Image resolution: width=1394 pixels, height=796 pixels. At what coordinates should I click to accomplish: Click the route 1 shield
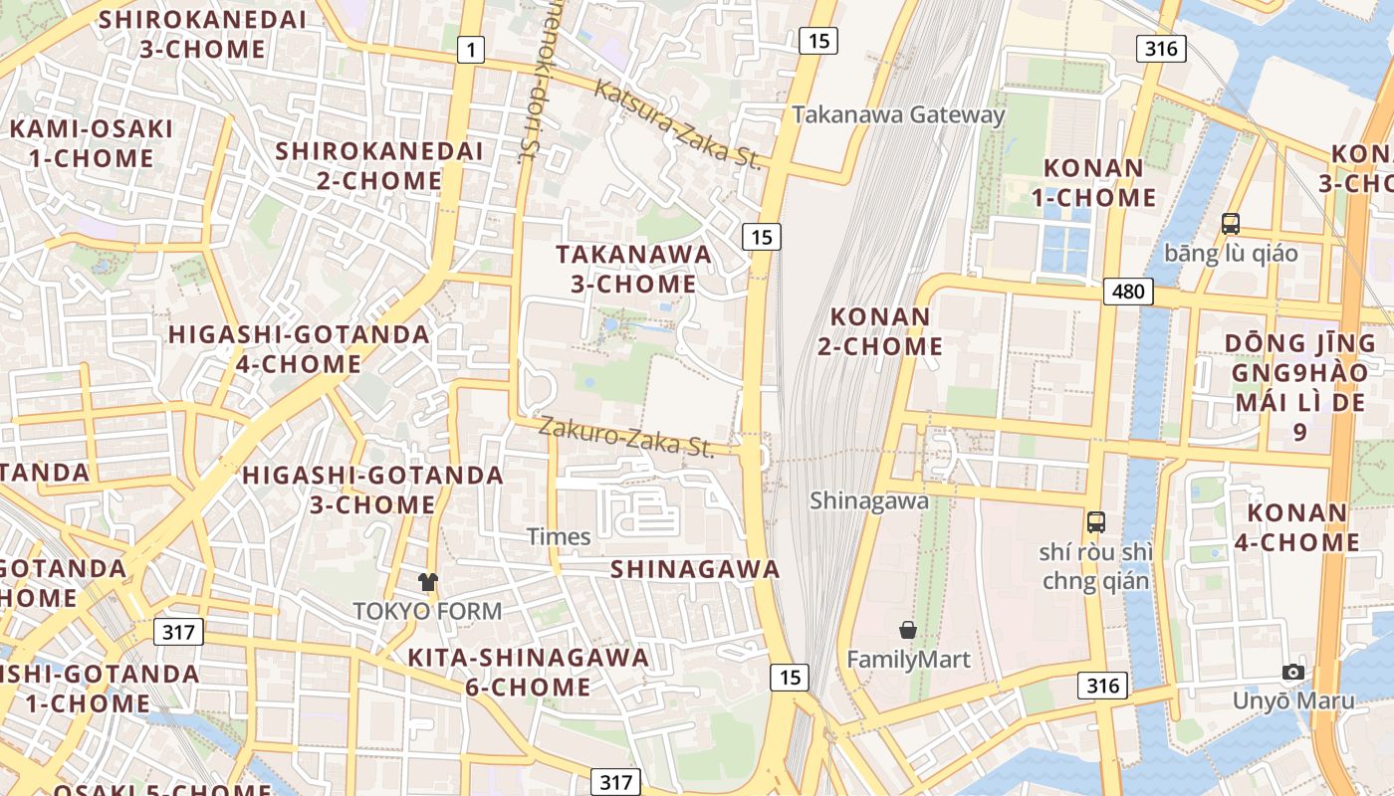click(470, 49)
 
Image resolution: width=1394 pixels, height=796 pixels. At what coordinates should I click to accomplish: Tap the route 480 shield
click(1128, 291)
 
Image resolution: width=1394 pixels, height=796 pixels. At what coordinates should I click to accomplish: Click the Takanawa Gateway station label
click(898, 114)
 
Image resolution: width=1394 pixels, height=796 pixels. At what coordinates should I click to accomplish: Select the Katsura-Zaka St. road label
click(678, 124)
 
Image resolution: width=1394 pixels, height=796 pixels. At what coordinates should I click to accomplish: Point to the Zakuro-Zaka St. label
click(626, 437)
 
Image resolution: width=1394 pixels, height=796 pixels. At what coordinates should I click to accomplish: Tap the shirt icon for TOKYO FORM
click(428, 581)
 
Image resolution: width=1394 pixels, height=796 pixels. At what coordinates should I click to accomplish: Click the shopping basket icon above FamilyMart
click(908, 629)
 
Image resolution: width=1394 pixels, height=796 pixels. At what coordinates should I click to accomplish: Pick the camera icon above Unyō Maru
click(1293, 672)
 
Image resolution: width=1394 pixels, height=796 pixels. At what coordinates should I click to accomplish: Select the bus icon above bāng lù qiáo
click(1231, 223)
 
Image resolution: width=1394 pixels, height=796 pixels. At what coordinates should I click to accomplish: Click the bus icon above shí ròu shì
click(1096, 521)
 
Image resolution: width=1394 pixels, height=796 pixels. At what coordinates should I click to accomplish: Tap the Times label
click(559, 536)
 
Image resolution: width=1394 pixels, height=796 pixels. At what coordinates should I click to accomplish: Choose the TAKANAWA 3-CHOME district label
click(634, 269)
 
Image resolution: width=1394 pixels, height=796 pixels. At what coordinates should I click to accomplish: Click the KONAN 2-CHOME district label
click(886, 331)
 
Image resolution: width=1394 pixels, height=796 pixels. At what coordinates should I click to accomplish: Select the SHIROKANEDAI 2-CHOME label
click(379, 165)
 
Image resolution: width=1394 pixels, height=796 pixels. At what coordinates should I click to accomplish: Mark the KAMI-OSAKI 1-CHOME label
click(91, 143)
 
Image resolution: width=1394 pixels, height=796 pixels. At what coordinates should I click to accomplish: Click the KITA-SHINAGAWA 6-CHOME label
click(528, 672)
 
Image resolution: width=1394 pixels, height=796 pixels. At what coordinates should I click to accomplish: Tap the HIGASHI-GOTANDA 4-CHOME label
click(299, 348)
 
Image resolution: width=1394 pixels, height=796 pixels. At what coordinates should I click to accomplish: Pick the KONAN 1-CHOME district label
click(1093, 183)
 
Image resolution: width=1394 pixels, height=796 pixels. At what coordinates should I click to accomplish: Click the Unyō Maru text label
click(1293, 700)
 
